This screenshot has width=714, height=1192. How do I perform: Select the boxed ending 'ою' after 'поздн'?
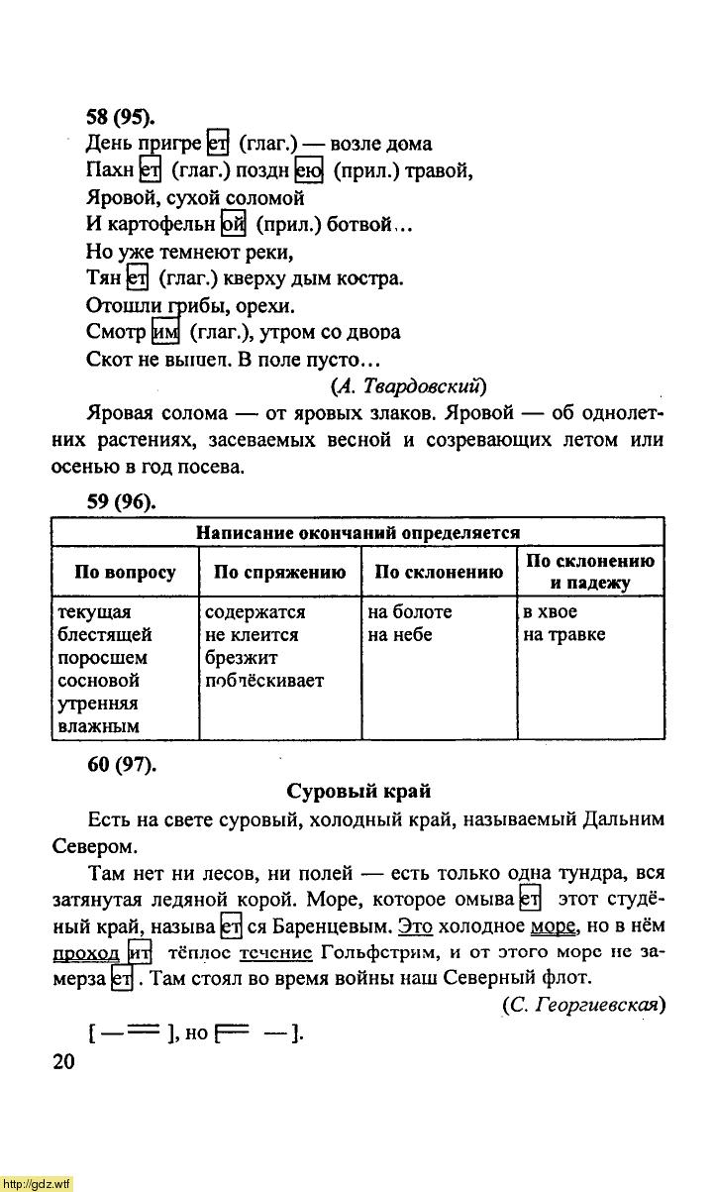pos(309,170)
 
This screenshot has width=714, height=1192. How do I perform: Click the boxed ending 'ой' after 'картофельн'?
pos(233,225)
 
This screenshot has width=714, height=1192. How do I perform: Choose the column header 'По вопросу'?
pos(125,573)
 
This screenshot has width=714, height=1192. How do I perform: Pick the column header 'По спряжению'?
pos(280,573)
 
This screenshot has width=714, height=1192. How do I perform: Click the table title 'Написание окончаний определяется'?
pos(357,533)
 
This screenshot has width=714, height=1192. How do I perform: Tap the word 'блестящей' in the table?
pos(105,635)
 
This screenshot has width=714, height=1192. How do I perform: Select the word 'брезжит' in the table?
pos(242,658)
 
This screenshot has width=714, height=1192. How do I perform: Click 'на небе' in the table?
pos(399,635)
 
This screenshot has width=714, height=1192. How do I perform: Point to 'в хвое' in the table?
pos(550,612)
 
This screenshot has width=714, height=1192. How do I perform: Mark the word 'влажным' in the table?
pos(98,726)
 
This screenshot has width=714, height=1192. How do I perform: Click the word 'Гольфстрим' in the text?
pos(377,952)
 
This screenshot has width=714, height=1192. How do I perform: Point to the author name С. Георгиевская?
pos(583,1004)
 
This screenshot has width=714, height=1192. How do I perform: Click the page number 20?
pos(62,1061)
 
